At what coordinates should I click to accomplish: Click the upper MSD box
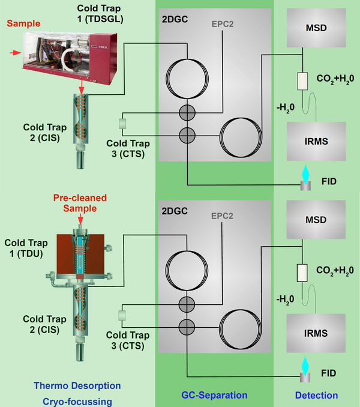click(x=316, y=29)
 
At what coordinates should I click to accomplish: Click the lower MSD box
click(x=316, y=220)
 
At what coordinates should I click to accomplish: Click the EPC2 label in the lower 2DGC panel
click(x=223, y=217)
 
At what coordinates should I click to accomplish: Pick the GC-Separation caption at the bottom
click(x=215, y=396)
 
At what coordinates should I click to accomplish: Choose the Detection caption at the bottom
click(x=316, y=396)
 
